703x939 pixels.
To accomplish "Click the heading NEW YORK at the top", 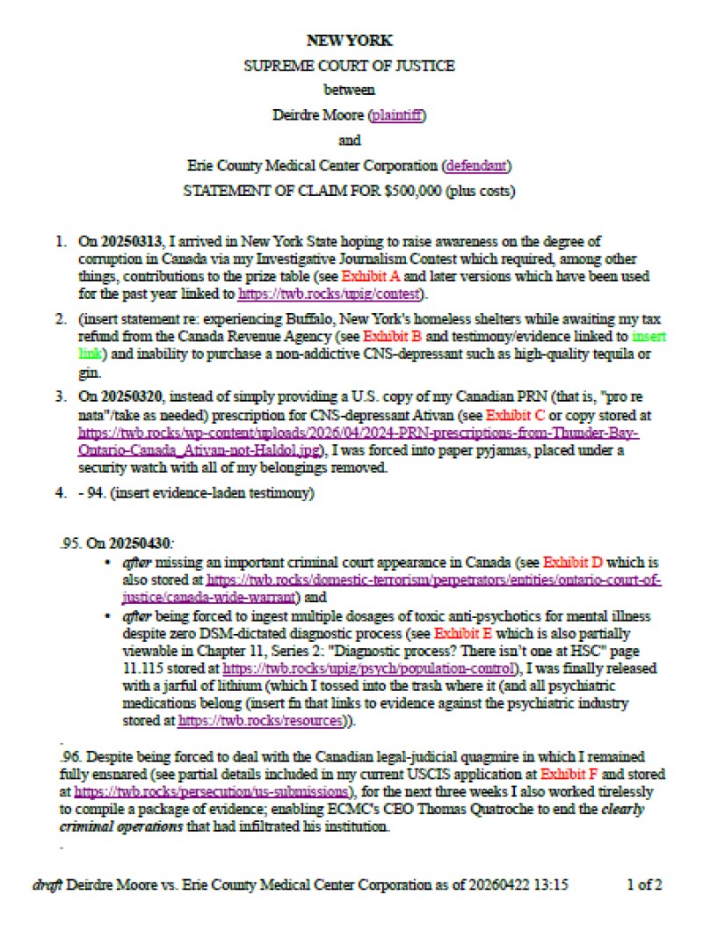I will coord(350,40).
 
